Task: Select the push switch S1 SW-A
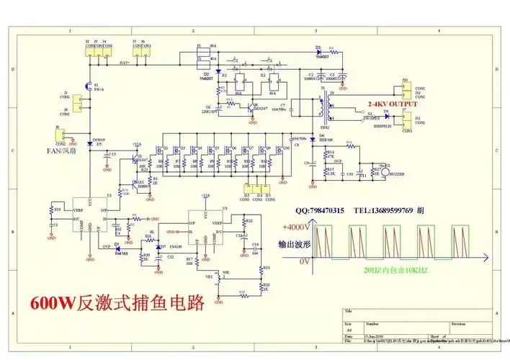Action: [89, 86]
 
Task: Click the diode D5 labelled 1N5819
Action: [89, 144]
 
